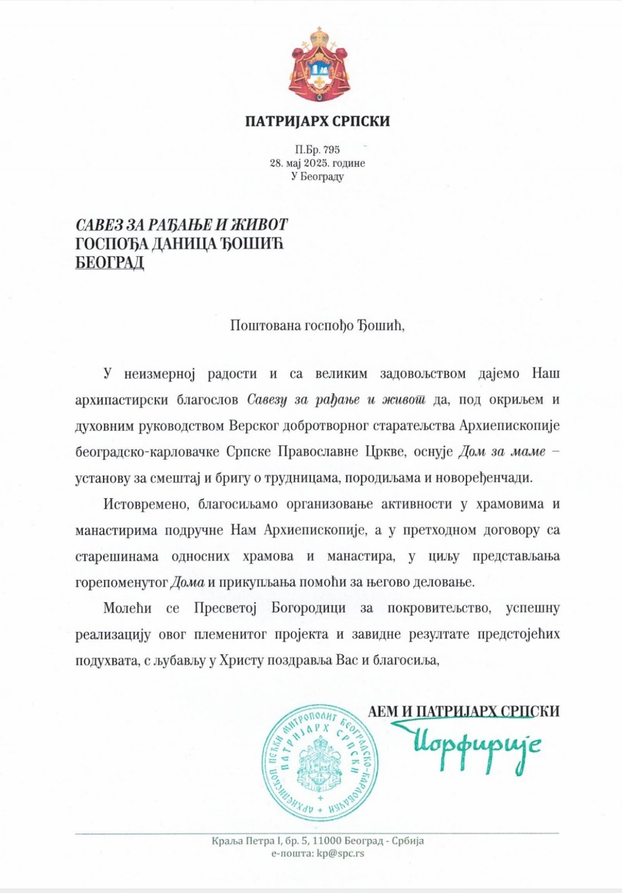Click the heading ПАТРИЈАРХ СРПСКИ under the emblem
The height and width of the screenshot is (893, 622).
point(317,121)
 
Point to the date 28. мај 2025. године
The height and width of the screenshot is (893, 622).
point(317,163)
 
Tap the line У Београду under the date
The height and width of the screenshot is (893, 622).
point(317,176)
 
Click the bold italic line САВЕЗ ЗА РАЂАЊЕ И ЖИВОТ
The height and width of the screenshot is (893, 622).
point(182,225)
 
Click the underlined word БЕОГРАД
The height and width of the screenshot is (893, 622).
point(110,262)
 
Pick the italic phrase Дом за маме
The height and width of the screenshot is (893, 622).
point(501,452)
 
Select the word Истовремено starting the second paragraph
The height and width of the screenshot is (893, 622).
point(143,504)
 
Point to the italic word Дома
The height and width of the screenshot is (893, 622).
point(187,582)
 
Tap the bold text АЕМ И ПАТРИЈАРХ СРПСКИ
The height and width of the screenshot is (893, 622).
point(463,711)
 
